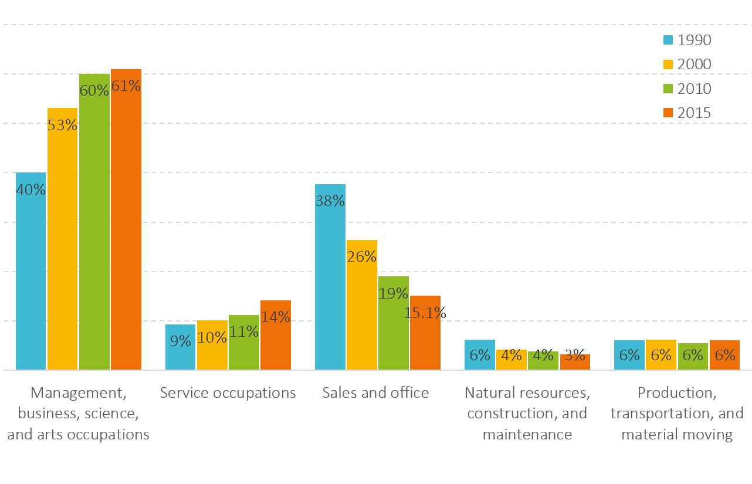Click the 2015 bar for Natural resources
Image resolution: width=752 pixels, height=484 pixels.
point(575,363)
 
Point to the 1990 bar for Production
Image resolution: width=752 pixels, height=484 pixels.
point(629,356)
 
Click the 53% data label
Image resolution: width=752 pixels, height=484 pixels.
point(63,125)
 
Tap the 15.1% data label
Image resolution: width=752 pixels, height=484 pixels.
point(425,313)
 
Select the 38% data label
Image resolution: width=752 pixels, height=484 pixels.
point(330,201)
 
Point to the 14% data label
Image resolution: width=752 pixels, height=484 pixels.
point(276,317)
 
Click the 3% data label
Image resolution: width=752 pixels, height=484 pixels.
point(575,355)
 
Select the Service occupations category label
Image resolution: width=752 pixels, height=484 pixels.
point(228,392)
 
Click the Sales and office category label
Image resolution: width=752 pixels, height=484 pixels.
point(375,392)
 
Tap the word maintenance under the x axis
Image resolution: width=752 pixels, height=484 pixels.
point(527,435)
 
